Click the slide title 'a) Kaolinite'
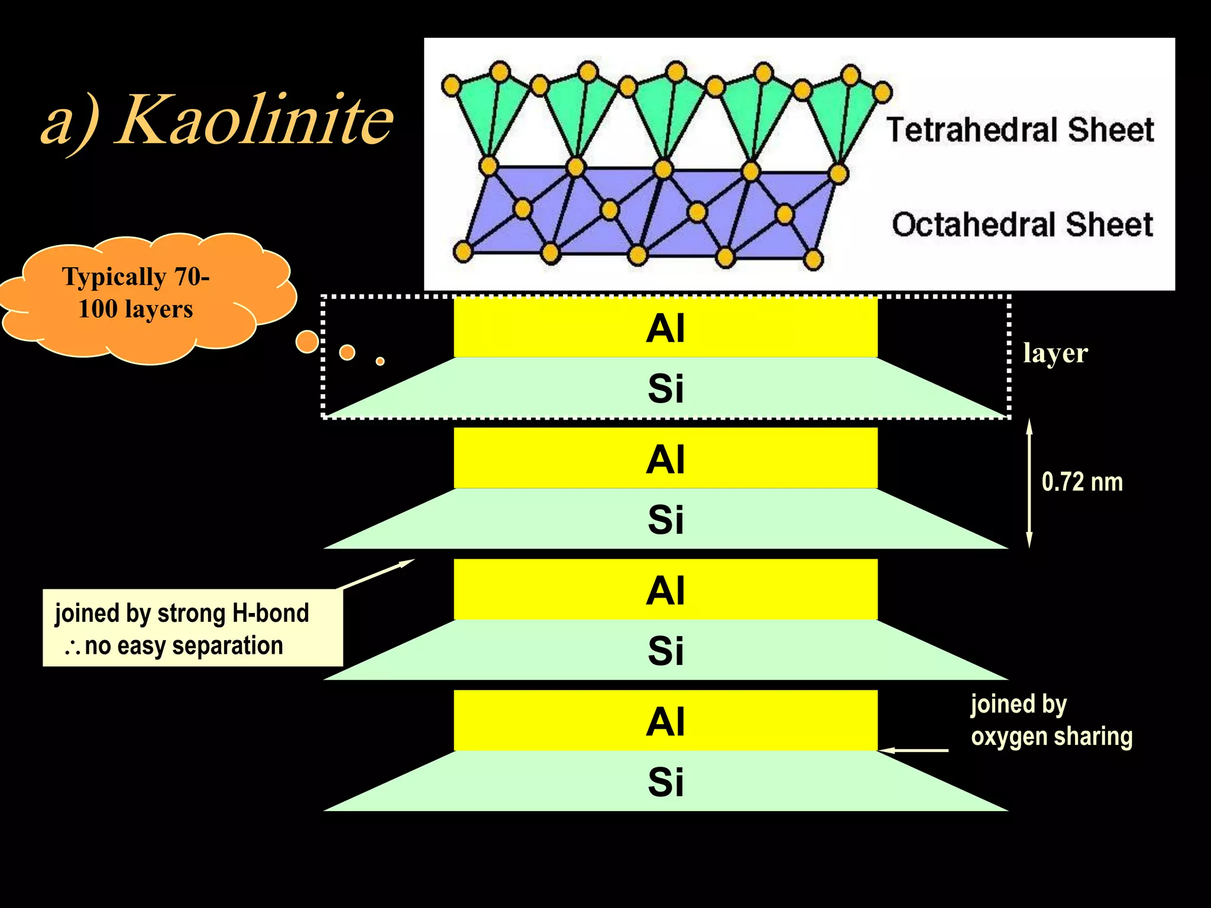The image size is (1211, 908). click(217, 121)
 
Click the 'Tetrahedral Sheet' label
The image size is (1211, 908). click(1020, 130)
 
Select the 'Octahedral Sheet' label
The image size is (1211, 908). click(1022, 225)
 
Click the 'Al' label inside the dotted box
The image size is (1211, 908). click(665, 328)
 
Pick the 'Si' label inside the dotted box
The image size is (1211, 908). click(665, 389)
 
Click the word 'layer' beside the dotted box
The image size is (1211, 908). click(1055, 354)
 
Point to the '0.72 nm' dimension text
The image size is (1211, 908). click(1082, 482)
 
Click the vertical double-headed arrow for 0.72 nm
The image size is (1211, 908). click(1029, 484)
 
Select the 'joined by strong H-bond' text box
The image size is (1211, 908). click(193, 628)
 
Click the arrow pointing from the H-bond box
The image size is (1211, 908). click(375, 574)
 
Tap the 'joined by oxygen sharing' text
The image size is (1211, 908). click(1051, 721)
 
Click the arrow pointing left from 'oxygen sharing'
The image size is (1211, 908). click(914, 750)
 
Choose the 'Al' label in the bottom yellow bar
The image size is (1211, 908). click(665, 722)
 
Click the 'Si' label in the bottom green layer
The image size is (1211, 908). click(665, 782)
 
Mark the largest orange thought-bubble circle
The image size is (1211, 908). click(307, 342)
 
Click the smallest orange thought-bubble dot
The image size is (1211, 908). click(380, 361)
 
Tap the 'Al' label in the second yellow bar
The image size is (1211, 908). click(665, 459)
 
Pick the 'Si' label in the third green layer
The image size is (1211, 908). click(665, 651)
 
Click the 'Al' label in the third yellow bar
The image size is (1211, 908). click(665, 591)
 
